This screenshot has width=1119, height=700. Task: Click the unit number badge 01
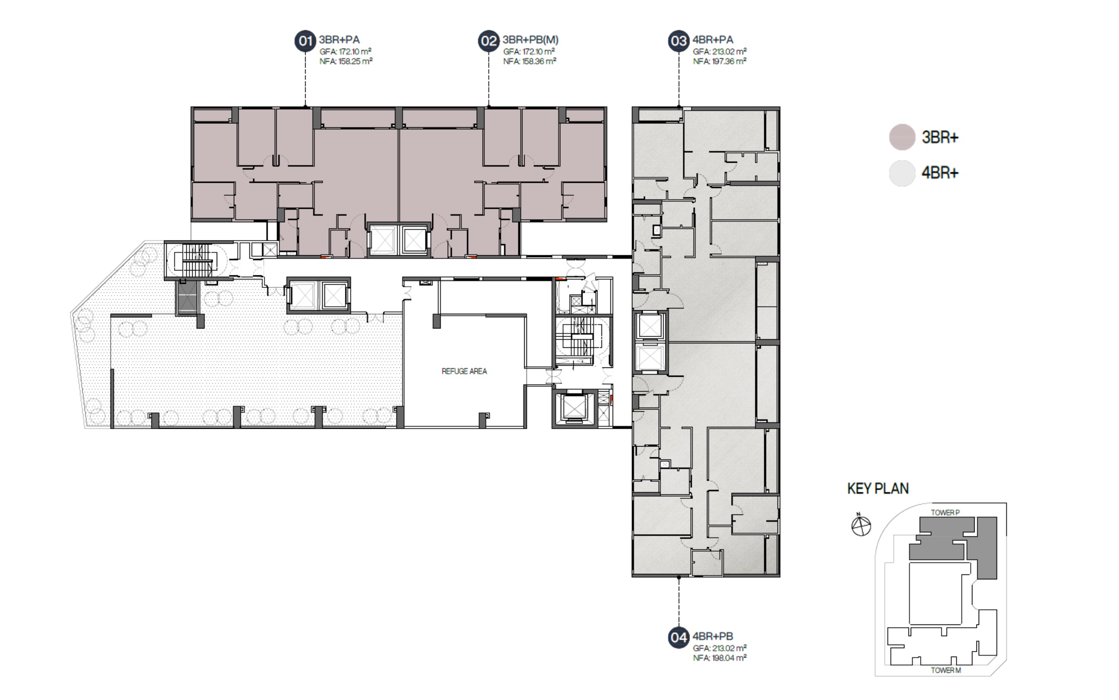tap(305, 41)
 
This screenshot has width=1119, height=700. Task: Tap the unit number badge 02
tap(489, 41)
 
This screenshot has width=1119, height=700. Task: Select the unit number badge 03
tap(679, 41)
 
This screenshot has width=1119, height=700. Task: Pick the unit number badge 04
tap(679, 637)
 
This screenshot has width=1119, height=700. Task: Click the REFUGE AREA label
tap(464, 371)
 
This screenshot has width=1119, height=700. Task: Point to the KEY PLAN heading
tap(878, 489)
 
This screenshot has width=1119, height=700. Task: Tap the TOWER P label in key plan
tap(946, 513)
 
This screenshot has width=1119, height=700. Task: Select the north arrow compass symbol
tap(861, 525)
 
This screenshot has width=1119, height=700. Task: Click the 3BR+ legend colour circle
tap(902, 137)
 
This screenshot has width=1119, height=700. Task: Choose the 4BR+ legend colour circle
tap(902, 173)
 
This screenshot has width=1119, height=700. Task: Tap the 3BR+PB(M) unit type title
tap(530, 40)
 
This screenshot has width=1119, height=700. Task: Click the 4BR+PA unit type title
tap(713, 40)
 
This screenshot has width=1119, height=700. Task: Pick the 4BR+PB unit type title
tap(713, 636)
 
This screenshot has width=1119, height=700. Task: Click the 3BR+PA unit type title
tap(339, 40)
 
